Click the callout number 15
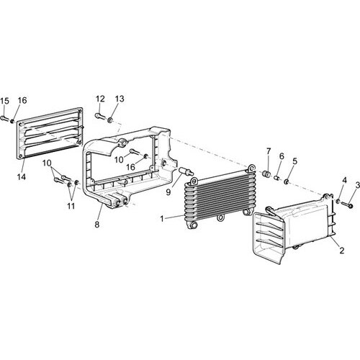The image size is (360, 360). coord(4,101)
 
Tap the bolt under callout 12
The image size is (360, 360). coord(100,117)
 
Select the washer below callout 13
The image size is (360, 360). coord(110,120)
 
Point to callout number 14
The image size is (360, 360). coord(22,177)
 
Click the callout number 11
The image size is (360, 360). coord(71,206)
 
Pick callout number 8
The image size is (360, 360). coord(97,225)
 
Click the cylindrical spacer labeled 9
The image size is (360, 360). coord(186,171)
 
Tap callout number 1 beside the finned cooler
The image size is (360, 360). coord(162,219)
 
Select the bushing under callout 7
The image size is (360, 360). coord(266,174)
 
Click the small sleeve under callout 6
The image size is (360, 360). coord(277,178)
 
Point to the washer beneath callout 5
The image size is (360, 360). coord(287,182)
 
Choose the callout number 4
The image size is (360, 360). coord(344,180)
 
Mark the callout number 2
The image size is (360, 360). coord(342,251)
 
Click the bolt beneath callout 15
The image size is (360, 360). coord(5,118)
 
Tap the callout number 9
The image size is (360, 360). coord(168,192)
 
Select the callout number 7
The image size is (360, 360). coord(269,151)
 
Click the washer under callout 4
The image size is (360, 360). coord(338,201)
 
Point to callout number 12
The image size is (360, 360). coord(101,99)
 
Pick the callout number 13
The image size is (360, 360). coord(120,99)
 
